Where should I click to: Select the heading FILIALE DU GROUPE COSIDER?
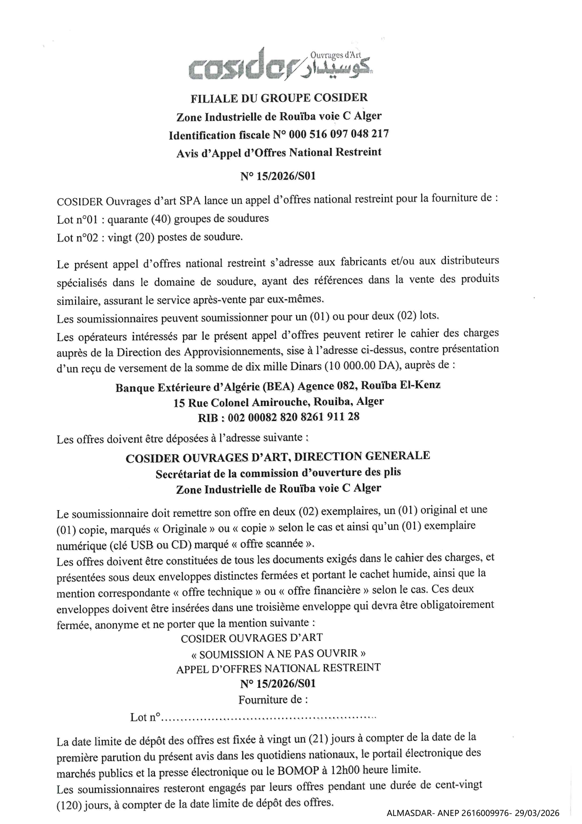click(279, 98)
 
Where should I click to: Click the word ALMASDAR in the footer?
click(407, 813)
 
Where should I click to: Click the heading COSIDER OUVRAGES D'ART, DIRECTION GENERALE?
click(278, 457)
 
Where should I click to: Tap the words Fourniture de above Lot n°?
click(273, 700)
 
